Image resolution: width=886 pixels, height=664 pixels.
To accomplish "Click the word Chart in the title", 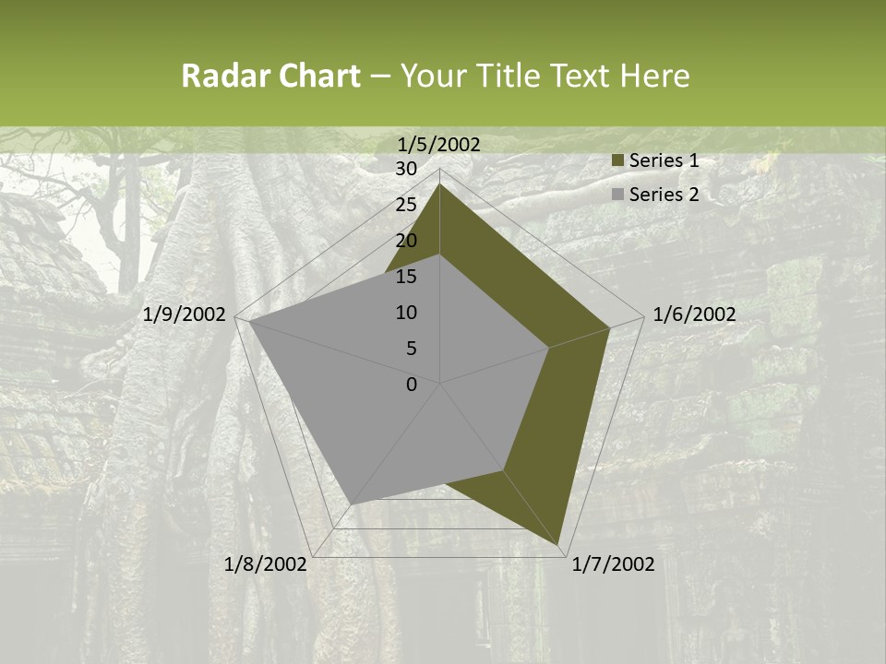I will pyautogui.click(x=315, y=77).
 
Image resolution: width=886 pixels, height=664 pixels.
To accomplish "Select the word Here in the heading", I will pyautogui.click(x=654, y=77).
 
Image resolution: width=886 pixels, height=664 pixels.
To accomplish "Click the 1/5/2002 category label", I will pyautogui.click(x=439, y=144).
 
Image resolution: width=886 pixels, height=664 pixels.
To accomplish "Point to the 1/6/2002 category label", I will pyautogui.click(x=694, y=314).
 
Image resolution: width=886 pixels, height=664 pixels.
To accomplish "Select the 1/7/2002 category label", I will pyautogui.click(x=613, y=564).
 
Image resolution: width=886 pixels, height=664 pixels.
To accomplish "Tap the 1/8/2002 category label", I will pyautogui.click(x=266, y=564).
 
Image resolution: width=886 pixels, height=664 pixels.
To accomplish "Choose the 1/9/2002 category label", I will pyautogui.click(x=185, y=314).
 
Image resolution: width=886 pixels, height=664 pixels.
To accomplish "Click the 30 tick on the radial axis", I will pyautogui.click(x=406, y=169).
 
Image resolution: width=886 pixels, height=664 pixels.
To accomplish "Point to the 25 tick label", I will pyautogui.click(x=406, y=205).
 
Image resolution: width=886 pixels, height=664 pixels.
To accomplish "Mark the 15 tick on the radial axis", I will pyautogui.click(x=406, y=277).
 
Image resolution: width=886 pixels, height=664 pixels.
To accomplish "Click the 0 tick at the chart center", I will pyautogui.click(x=412, y=385).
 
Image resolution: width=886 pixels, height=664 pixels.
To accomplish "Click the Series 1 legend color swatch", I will pyautogui.click(x=618, y=161).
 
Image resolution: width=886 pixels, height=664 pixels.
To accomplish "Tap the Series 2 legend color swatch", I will pyautogui.click(x=618, y=195).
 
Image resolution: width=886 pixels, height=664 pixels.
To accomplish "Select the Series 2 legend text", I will pyautogui.click(x=664, y=195).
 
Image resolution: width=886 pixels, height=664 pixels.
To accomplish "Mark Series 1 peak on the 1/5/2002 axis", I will pyautogui.click(x=440, y=184).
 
